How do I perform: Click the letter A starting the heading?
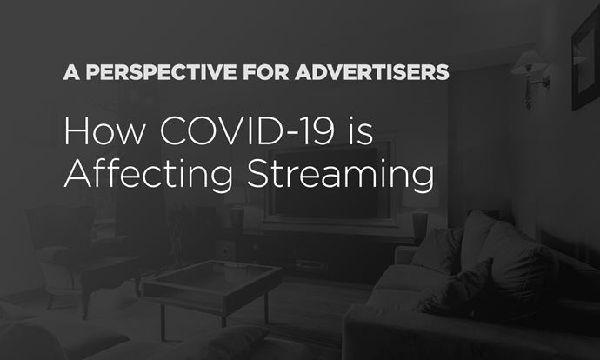(x=70, y=72)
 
